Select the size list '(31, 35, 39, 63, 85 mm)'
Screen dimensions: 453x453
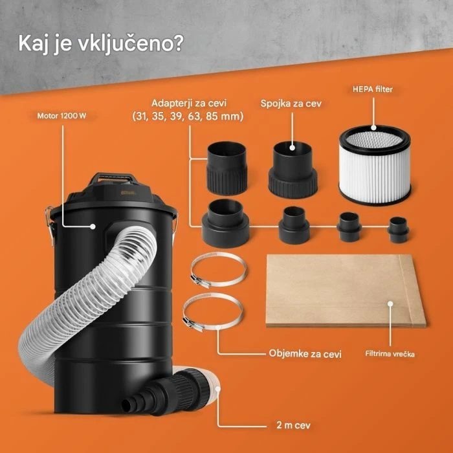187,116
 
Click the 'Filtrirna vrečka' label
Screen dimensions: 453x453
395,355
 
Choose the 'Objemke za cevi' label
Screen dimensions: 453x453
305,353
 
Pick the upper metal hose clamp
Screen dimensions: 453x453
217,270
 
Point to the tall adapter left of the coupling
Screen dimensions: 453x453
227,168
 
